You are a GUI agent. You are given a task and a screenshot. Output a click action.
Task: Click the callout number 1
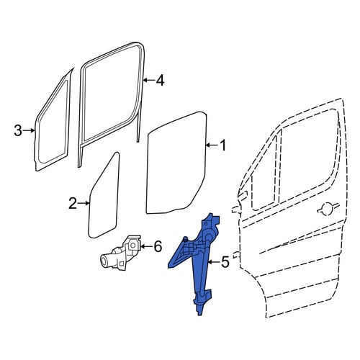coord(223,145)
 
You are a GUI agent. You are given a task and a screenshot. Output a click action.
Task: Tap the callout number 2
coord(73,203)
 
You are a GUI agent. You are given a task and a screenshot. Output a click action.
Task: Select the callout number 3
coord(18,130)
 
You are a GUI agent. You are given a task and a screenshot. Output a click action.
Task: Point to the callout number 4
coord(160,80)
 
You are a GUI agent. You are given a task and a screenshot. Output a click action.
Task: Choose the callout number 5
coord(225,262)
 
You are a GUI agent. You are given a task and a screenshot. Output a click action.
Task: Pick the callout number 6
coord(158,246)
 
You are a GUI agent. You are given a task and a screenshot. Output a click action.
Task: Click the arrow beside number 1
coord(212,145)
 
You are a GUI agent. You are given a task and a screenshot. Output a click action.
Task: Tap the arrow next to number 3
coord(30,130)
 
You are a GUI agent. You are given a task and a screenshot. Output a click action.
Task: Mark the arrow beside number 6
coord(146,246)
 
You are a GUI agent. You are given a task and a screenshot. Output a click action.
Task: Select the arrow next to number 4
coord(149,80)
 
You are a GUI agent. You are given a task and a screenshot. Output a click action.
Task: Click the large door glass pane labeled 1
coord(176,163)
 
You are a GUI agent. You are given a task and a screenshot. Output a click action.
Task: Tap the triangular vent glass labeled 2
coord(105,196)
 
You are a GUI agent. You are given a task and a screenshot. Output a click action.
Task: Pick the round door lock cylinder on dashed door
coord(328,209)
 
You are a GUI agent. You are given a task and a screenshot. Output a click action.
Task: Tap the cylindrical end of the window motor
coord(105,261)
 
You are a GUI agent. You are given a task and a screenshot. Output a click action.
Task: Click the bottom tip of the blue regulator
coord(199,314)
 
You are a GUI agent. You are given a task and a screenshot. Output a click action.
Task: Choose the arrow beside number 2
coord(84,203)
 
